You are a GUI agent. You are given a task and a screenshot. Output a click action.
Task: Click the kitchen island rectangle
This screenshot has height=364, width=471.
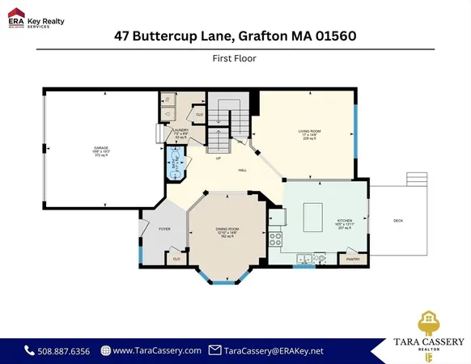coord(316,217)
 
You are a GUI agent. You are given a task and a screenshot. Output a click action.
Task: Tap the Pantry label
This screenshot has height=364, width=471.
coord(352,259)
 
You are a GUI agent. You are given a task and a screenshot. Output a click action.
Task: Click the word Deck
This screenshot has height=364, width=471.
coord(398,221)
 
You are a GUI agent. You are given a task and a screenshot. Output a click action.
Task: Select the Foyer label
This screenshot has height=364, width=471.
coord(164,230)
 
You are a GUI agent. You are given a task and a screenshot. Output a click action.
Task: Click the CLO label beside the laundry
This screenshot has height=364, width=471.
coord(199,115)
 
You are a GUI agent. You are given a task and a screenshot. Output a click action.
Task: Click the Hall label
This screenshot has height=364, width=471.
coord(242,171)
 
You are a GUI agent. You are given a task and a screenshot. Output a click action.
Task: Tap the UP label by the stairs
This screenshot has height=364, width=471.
coord(218,158)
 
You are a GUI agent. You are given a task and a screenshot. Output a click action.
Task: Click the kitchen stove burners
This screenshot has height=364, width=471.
coord(275,239)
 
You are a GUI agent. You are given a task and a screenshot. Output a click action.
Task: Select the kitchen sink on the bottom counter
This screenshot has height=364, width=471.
coord(303,259)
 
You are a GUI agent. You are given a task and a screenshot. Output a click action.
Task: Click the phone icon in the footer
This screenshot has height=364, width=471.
coord(30,350)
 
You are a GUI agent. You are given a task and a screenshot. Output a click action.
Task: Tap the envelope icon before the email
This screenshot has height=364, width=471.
coord(214,350)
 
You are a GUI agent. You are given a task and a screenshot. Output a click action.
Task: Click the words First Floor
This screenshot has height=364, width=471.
coord(235,57)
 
